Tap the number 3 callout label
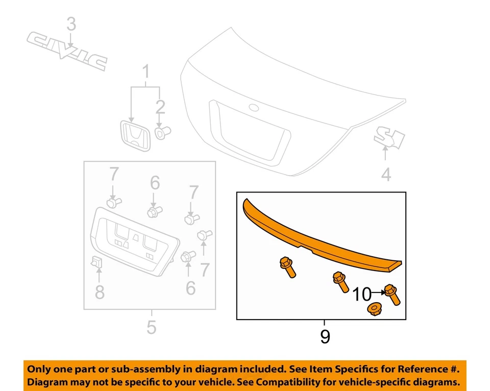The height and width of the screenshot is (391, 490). coord(71,24)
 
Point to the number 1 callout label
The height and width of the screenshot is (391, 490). coord(146,74)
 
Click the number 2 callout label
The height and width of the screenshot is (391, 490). coord(161,107)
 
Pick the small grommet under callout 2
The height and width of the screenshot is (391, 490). coord(161,133)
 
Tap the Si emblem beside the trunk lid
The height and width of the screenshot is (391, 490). coord(389,136)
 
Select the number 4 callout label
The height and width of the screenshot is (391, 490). coord(386,175)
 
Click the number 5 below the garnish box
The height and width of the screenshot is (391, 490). coord(151,327)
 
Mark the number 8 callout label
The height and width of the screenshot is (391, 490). coord(100,292)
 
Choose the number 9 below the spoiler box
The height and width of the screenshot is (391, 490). coord(325,337)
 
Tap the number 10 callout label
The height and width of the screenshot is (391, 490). coord(362,294)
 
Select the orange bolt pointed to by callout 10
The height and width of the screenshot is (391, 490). coord(393,295)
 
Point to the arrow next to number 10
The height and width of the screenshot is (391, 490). coord(379,292)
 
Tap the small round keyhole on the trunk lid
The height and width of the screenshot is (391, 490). coord(253,108)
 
